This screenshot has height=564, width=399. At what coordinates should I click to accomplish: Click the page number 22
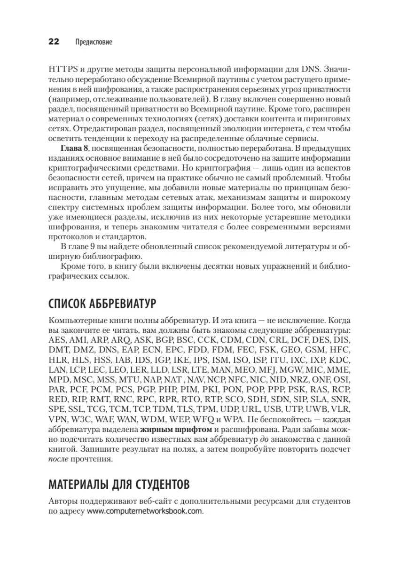pyautogui.click(x=53, y=42)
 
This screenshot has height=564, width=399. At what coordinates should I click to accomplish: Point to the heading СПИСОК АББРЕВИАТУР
pyautogui.click(x=102, y=304)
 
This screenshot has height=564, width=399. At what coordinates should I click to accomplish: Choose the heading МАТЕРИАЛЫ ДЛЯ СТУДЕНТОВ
pyautogui.click(x=120, y=484)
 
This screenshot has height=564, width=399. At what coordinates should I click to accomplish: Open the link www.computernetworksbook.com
pyautogui.click(x=145, y=511)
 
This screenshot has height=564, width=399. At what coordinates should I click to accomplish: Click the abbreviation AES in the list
pyautogui.click(x=57, y=340)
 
